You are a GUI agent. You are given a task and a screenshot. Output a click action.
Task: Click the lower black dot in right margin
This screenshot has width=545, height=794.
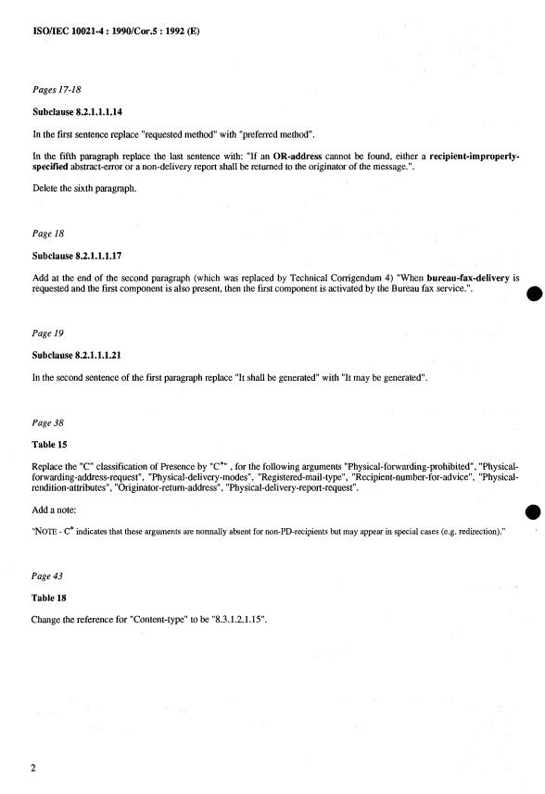pyautogui.click(x=531, y=512)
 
